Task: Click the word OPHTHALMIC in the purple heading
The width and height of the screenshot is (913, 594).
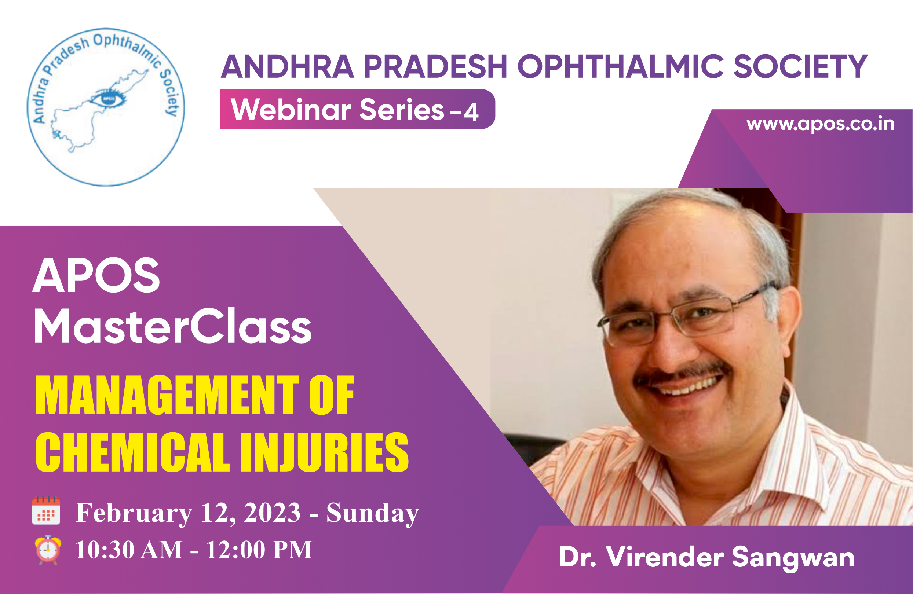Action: point(621,66)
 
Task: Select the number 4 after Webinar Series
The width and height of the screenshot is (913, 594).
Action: point(471,112)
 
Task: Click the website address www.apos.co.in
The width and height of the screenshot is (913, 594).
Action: point(820,124)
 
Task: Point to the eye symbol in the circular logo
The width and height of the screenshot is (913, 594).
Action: point(108,98)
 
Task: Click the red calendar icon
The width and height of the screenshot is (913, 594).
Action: point(46,510)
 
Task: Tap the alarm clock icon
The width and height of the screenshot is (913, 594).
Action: point(48,550)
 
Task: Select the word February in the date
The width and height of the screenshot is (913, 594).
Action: point(134,513)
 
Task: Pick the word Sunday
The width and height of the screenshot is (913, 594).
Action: point(372,513)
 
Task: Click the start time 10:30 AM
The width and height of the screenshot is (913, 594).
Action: point(129,550)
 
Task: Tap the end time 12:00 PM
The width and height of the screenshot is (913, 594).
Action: point(259,550)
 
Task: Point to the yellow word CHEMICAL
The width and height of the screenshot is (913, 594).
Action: point(132,452)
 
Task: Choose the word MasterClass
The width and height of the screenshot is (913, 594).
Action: point(173,326)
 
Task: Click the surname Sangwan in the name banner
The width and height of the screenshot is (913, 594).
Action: point(793,558)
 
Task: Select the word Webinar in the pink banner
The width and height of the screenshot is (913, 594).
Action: point(291,109)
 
